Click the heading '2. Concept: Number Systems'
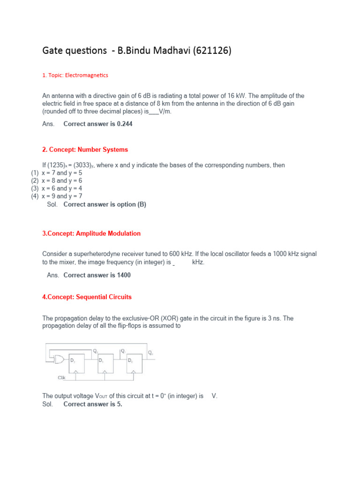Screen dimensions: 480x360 tap(85, 150)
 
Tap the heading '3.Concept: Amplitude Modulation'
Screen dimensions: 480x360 tap(91, 233)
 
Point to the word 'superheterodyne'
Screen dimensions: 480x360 tap(96, 254)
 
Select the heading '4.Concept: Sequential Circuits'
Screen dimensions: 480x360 tap(87, 297)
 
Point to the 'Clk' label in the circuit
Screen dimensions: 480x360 tap(61, 377)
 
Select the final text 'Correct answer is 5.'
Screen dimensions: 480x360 tap(93, 404)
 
